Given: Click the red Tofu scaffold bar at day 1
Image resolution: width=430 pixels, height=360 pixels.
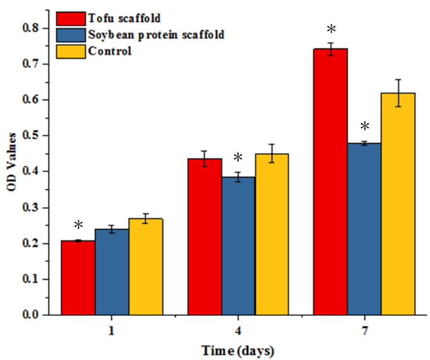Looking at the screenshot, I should pos(78,278).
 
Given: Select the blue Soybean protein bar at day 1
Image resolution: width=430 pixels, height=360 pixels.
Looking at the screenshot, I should pos(112,272).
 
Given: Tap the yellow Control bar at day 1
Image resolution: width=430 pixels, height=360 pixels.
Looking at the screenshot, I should pos(146,266).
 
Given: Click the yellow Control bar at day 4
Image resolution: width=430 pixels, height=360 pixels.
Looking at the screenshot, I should pos(272,234).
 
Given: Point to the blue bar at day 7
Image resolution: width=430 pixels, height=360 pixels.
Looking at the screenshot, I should pos(364,229).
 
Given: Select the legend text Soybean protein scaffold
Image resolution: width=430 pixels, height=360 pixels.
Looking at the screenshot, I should pos(156,35).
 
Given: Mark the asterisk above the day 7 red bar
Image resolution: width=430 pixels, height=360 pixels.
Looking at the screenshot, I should pos(330,30).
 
